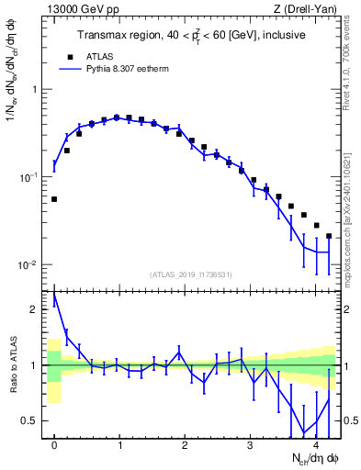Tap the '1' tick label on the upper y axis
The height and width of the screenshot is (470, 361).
pos(36,90)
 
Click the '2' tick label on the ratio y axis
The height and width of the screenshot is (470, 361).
pos(36,309)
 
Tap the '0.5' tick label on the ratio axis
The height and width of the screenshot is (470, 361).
pos(31,420)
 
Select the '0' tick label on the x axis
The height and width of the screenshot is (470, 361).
pos(54,445)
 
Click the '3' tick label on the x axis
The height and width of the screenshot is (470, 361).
pos(251,445)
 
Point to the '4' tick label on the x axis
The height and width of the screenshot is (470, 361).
pos(316,445)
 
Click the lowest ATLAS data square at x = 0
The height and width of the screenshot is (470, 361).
pos(54,199)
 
